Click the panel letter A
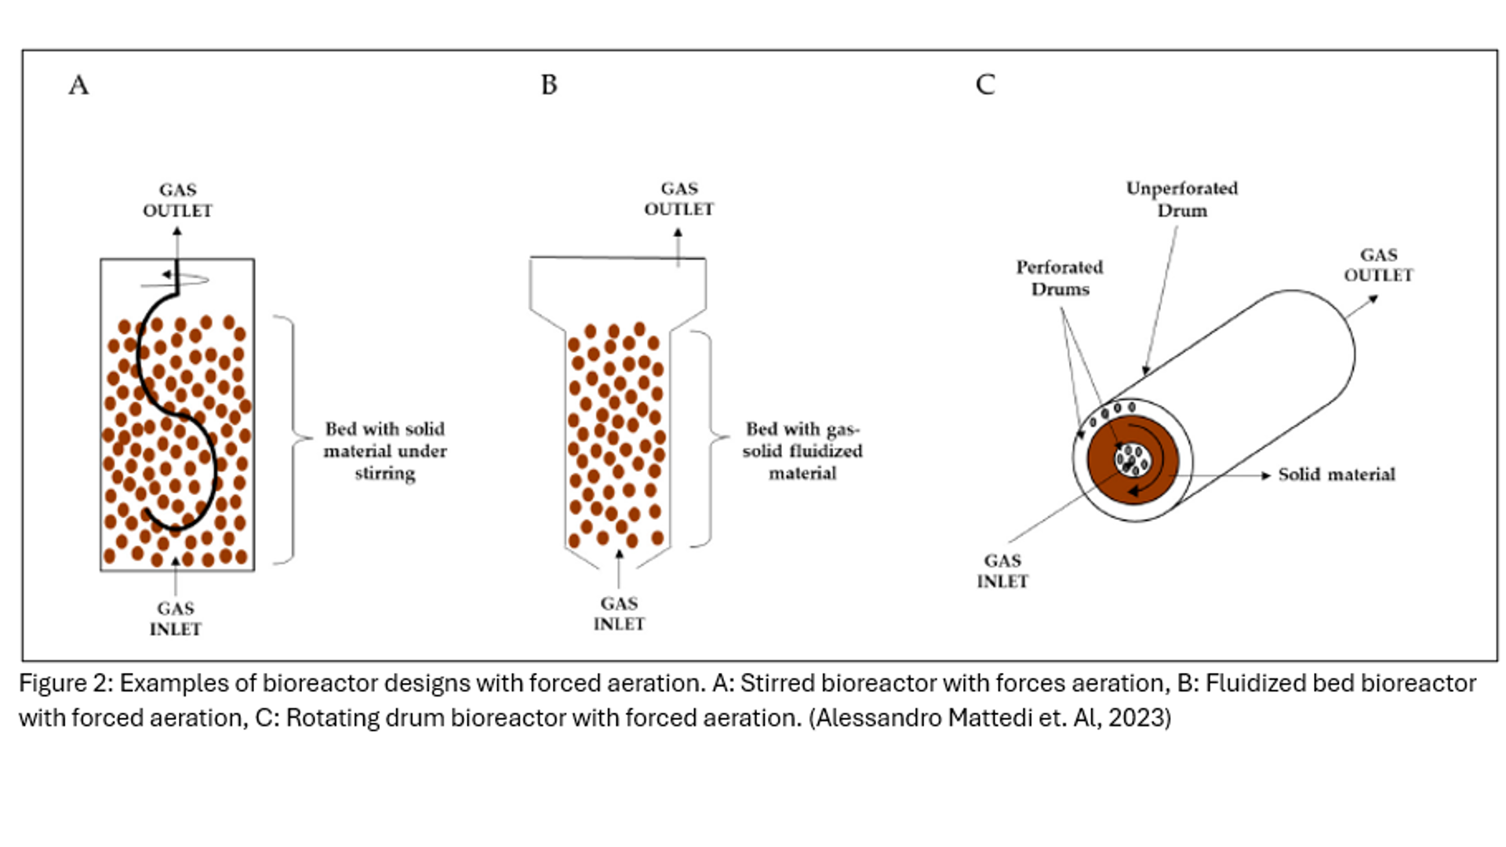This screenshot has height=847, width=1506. (x=78, y=85)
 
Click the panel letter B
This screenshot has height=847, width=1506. (x=549, y=85)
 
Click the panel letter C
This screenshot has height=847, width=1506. (x=985, y=85)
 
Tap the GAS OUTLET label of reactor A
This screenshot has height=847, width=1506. (x=177, y=201)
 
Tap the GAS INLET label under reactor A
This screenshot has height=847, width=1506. (x=175, y=619)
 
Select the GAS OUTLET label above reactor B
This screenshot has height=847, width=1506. (x=678, y=199)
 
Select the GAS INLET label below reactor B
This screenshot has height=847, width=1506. (x=619, y=614)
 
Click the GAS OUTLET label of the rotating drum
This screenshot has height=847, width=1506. (x=1378, y=265)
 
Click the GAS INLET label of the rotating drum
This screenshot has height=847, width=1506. (x=1002, y=571)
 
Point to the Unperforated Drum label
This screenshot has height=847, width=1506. (x=1181, y=199)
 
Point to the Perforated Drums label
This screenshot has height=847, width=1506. (x=1060, y=278)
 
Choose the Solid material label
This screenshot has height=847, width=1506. (x=1337, y=474)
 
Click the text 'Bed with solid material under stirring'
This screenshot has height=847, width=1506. (x=385, y=451)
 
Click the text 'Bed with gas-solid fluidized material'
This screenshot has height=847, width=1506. (x=802, y=451)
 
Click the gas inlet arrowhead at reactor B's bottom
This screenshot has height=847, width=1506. (x=619, y=554)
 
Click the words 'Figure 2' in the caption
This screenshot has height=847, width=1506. (x=65, y=683)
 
